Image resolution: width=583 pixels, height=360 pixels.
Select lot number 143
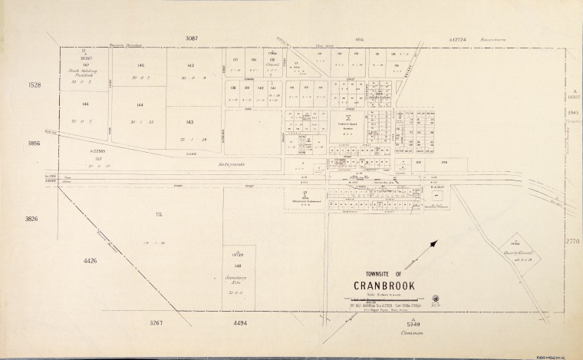point(190,121)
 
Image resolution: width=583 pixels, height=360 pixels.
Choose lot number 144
point(140,104)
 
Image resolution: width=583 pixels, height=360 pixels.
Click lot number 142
point(190,65)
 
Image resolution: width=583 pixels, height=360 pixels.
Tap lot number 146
point(86,103)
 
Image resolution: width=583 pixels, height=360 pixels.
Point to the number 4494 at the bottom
point(241,323)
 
